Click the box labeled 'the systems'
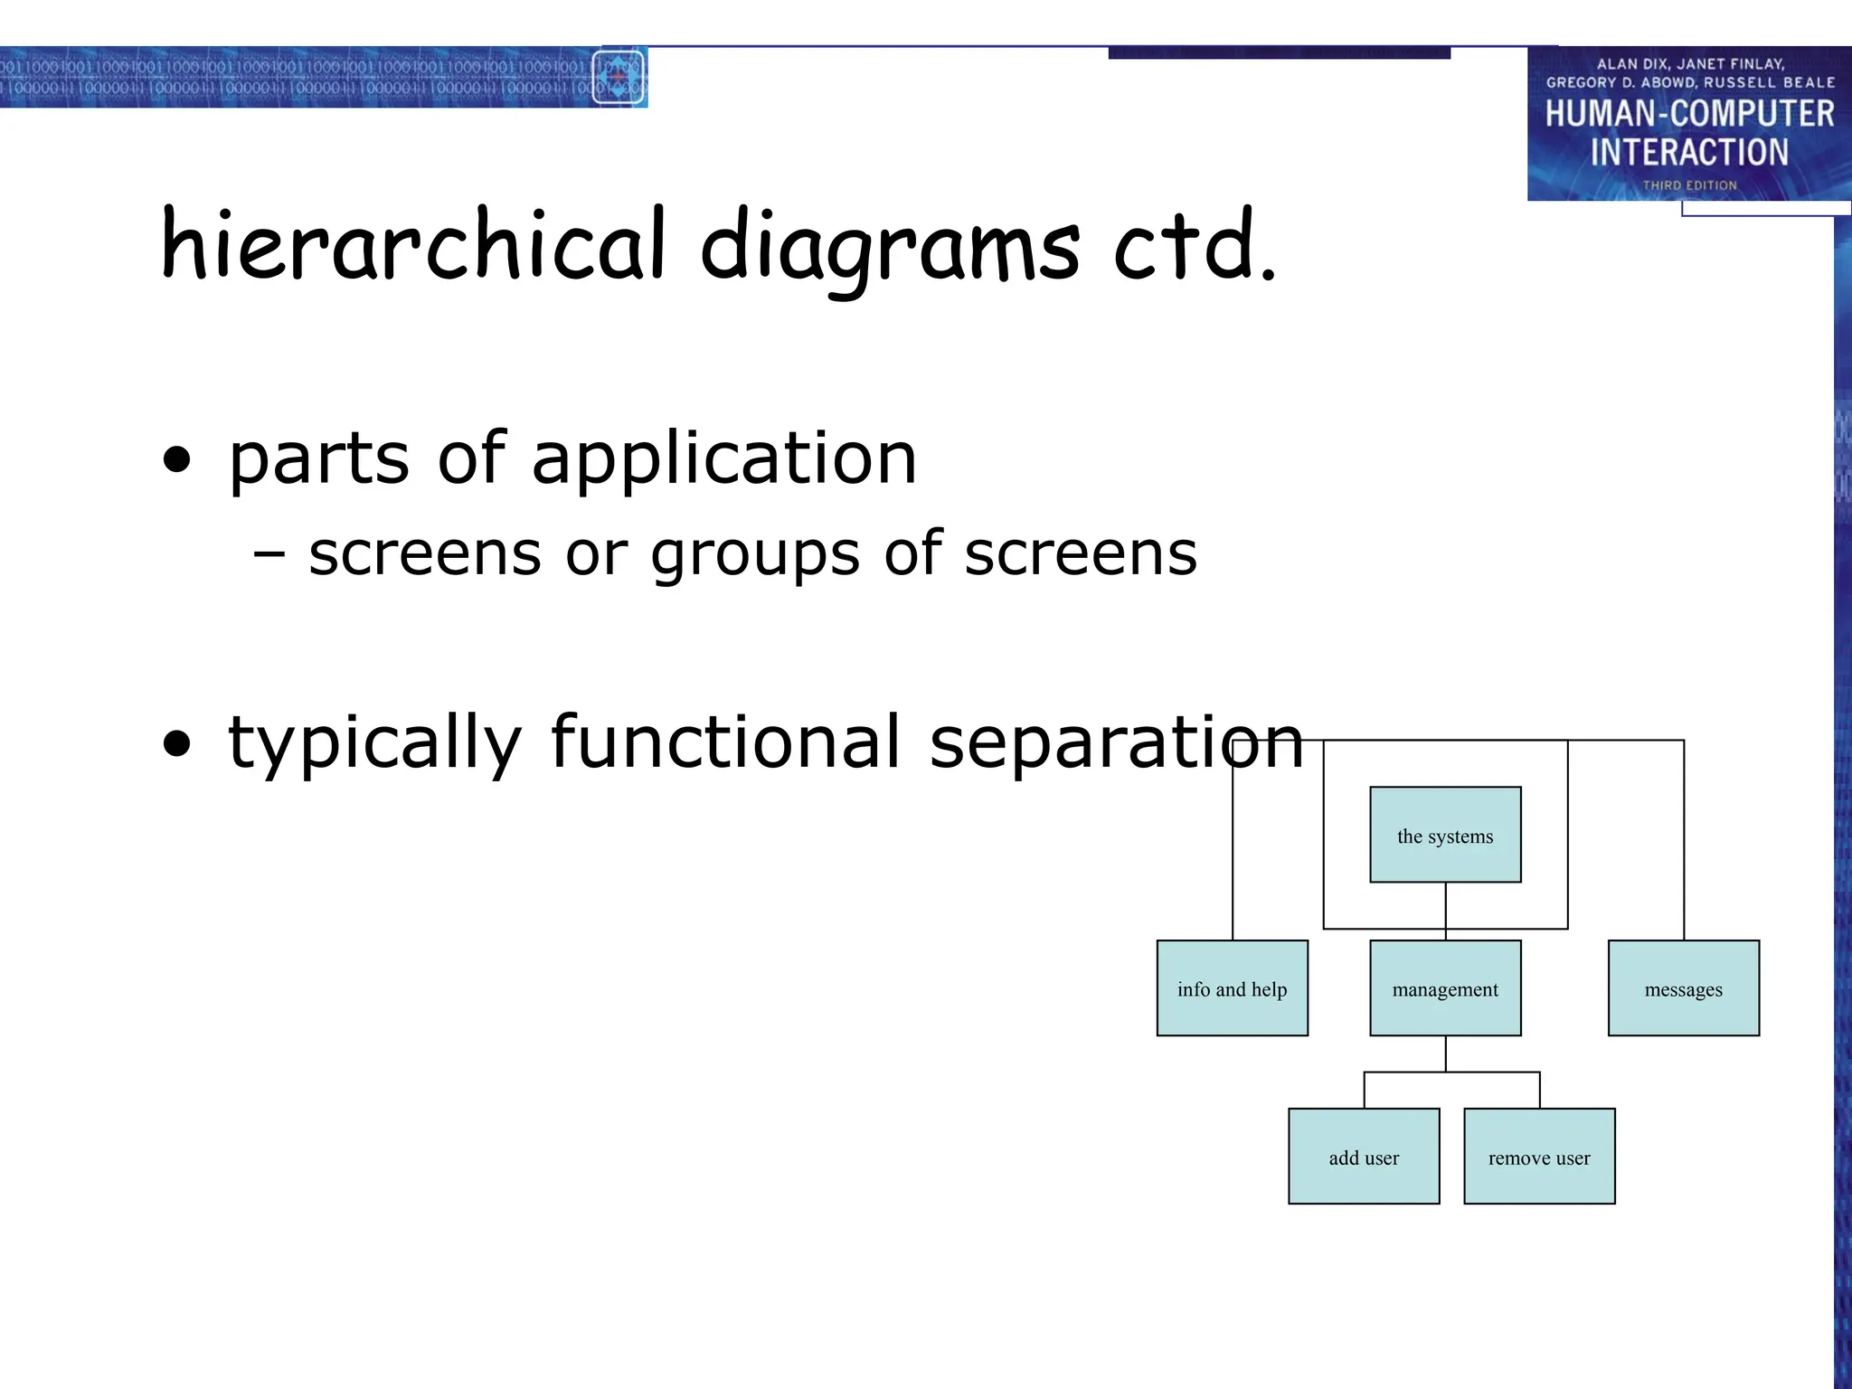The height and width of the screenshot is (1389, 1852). (x=1445, y=835)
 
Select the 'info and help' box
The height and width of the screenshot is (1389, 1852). (x=1232, y=988)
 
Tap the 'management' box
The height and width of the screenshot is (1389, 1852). (x=1445, y=988)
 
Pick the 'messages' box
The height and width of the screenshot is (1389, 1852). (x=1683, y=988)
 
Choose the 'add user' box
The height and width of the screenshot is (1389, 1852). (x=1364, y=1157)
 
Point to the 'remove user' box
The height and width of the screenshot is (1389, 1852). (x=1539, y=1157)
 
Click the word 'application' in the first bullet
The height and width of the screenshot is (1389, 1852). (x=724, y=459)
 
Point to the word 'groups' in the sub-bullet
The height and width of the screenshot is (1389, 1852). (x=755, y=554)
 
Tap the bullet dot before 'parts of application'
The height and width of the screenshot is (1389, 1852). (x=177, y=460)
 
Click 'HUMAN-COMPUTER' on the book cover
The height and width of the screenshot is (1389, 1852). (x=1689, y=114)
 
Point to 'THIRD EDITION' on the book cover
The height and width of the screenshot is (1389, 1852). (x=1689, y=185)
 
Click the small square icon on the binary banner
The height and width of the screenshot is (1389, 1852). (x=619, y=78)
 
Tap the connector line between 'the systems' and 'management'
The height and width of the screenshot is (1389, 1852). (x=1445, y=911)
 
